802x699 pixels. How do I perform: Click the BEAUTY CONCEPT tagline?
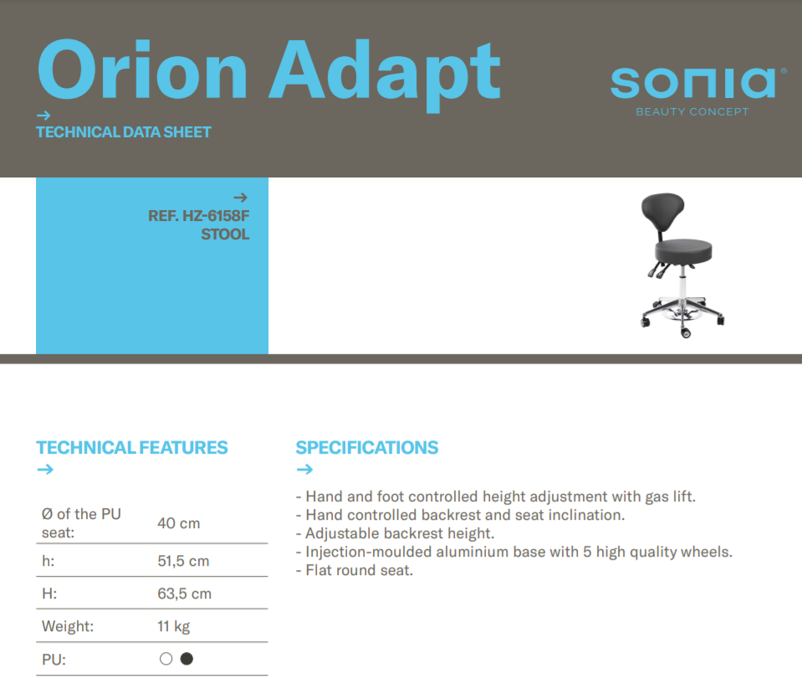692,111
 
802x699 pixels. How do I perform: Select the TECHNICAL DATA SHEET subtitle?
123,132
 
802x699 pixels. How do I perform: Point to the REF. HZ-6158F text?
198,216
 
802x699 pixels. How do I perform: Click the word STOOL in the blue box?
225,234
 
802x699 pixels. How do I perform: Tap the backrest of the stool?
663,211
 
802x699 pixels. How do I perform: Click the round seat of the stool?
683,251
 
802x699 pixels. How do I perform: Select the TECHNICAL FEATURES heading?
132,448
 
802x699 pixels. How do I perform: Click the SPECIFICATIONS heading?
367,448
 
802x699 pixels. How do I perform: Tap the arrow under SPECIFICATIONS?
304,469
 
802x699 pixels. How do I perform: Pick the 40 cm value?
178,523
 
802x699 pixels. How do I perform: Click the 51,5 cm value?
183,561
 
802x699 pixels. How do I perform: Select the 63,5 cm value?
184,594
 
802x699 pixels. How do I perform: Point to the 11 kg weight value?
173,626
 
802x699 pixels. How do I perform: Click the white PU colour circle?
166,659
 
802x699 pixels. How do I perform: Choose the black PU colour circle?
186,659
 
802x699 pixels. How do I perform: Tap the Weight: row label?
68,626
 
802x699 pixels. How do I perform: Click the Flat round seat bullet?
354,570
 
